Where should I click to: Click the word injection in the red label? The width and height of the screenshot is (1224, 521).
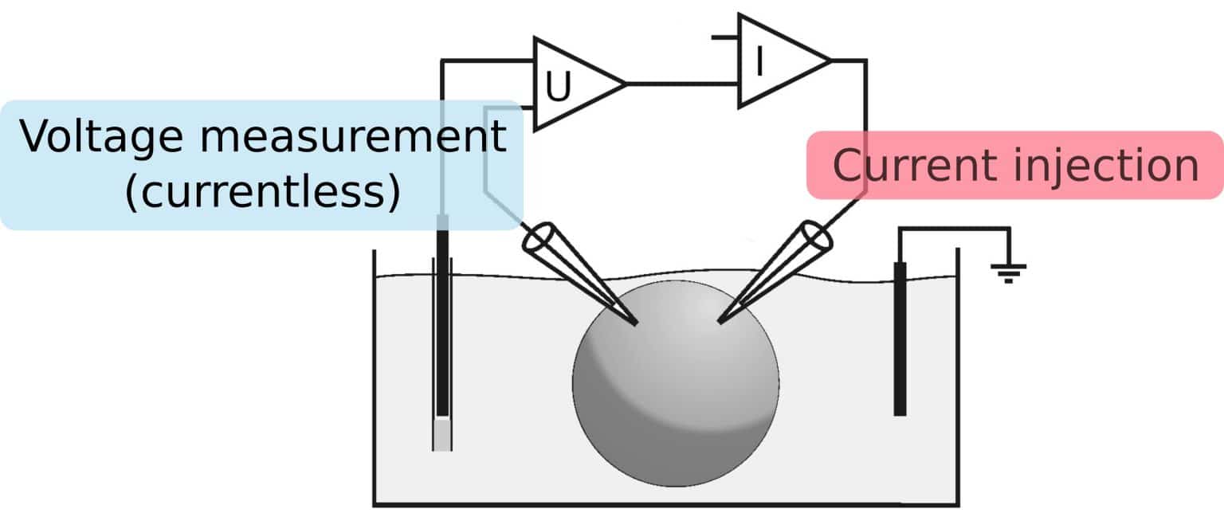pyautogui.click(x=1108, y=166)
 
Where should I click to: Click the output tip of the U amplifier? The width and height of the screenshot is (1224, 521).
pyautogui.click(x=624, y=83)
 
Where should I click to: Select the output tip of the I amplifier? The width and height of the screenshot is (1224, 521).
pyautogui.click(x=830, y=61)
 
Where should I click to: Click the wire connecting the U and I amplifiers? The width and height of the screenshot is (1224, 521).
pyautogui.click(x=682, y=83)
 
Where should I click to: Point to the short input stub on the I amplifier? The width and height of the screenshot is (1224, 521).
pyautogui.click(x=725, y=37)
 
